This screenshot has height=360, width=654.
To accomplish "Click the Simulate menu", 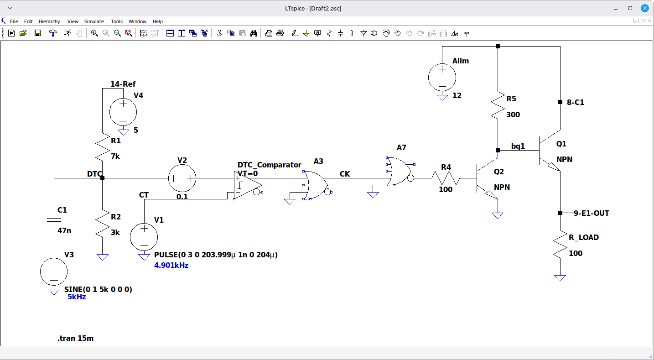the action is point(94,21).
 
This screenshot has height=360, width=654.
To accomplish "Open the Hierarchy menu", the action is point(49,21).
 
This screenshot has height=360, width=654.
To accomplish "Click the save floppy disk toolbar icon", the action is point(38,33).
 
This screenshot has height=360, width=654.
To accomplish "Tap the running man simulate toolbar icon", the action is point(67,33).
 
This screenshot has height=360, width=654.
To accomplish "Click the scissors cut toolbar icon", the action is point(219,33).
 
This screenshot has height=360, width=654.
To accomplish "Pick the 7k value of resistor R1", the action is point(115,157).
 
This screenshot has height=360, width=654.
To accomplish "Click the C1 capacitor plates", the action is point(54,219).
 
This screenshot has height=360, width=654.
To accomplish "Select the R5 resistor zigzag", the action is point(498,106).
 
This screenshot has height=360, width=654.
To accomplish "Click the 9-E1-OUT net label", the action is point(592,213).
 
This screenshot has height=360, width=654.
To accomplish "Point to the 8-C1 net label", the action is point(576,102).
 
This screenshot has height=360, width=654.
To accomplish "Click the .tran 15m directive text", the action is point(76,338).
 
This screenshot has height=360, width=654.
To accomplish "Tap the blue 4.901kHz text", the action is point(171,266).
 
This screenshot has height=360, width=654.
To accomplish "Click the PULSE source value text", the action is point(216,255).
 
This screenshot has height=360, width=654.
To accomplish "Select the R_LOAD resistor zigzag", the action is point(560,244).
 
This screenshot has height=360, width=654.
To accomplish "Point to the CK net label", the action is point(345,174).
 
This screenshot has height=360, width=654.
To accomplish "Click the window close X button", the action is point(645,8).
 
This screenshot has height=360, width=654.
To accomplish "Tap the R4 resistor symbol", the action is point(446,178).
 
